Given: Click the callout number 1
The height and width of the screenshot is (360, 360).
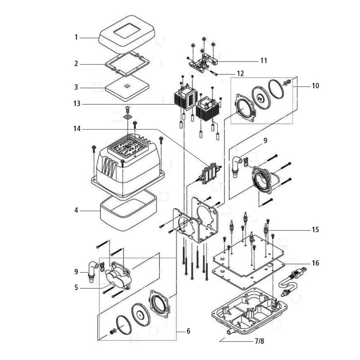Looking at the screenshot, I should (x=76, y=38).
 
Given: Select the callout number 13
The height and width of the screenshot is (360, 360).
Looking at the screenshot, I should (x=77, y=104).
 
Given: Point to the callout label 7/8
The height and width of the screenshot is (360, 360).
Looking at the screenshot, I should (x=259, y=341).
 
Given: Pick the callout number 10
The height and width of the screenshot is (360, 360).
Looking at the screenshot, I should (x=315, y=85).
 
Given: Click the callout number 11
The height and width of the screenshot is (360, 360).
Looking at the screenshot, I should (x=264, y=60).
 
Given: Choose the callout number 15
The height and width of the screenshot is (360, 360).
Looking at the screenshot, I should (x=315, y=229).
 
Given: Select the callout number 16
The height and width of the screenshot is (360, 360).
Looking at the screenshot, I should (x=315, y=263).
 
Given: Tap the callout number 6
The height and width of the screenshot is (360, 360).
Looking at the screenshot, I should (x=188, y=331).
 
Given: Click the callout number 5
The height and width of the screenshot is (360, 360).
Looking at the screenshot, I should (x=76, y=286).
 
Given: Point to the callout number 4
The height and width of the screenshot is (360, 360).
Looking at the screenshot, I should (x=76, y=210).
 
